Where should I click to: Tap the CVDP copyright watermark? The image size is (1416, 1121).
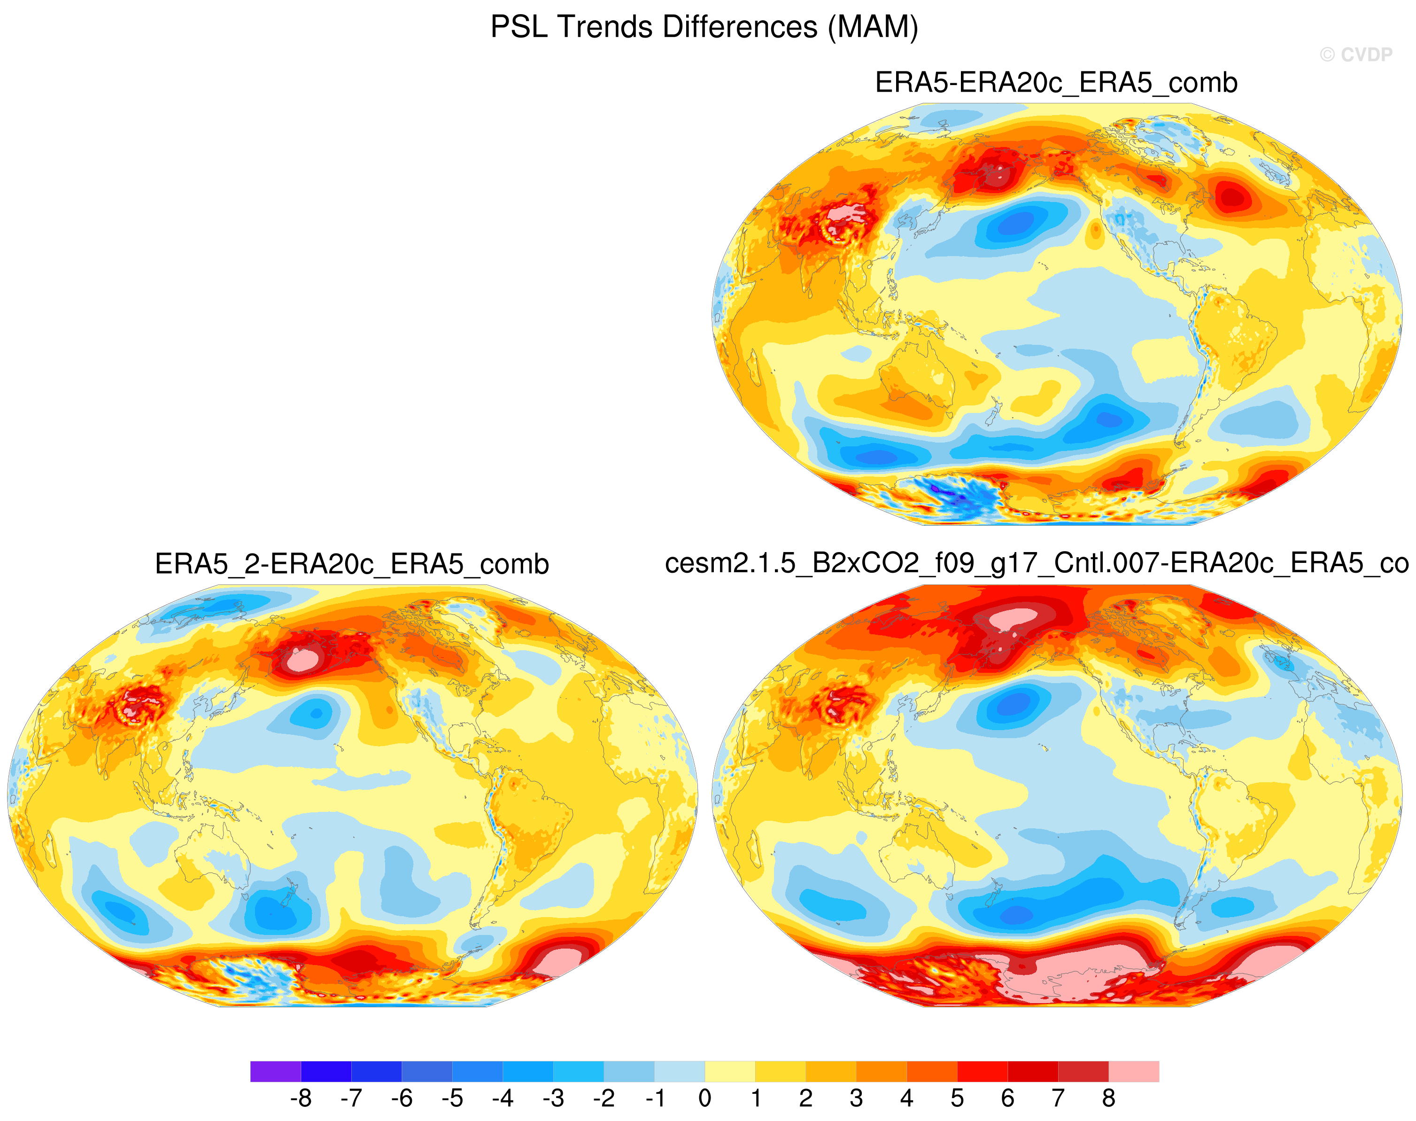point(1355,54)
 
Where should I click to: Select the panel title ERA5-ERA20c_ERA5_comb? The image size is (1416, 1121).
point(1056,83)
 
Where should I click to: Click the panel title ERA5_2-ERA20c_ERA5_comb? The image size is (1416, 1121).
point(352,564)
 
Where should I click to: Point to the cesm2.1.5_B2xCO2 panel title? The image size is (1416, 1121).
point(1037,564)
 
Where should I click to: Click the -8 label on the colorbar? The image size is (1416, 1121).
point(301,1098)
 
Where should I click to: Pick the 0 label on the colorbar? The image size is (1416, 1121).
point(705,1098)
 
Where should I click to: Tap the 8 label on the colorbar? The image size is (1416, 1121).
point(1108,1098)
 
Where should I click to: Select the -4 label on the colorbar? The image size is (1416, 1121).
point(503,1098)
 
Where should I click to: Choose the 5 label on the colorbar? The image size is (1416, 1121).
point(957,1098)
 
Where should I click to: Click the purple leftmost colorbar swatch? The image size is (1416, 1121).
point(276,1071)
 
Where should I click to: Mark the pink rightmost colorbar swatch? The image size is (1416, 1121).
point(1134,1071)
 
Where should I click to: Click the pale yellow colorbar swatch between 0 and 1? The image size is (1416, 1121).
point(730,1071)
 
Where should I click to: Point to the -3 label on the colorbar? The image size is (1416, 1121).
point(553,1098)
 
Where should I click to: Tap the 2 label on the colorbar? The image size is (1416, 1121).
point(806,1098)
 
